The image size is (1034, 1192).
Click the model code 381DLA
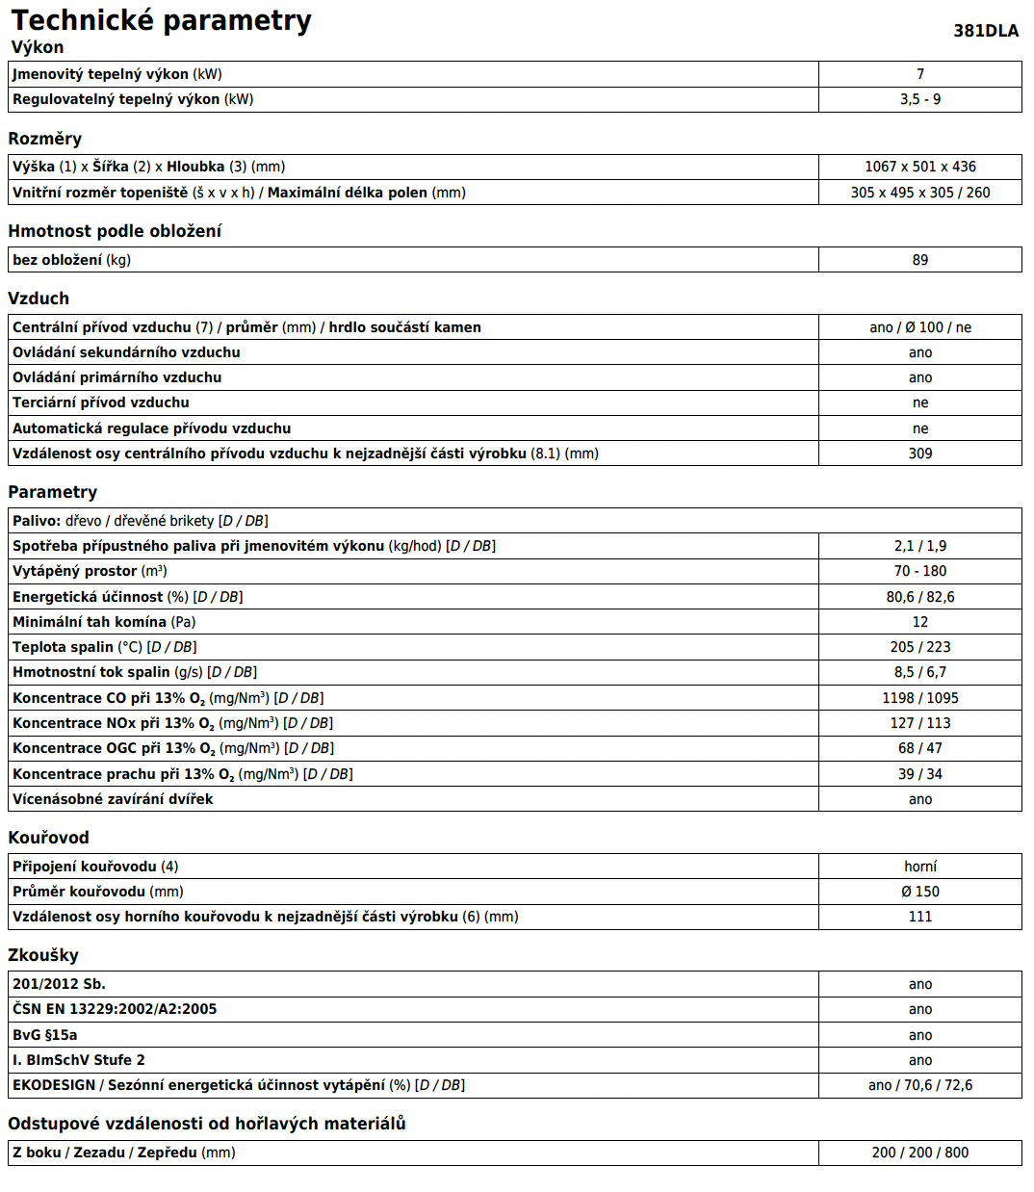985,31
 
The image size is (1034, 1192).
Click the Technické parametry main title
161,20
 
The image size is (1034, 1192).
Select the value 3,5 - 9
919,99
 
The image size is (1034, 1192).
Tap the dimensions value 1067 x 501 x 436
919,167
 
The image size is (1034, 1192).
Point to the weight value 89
919,260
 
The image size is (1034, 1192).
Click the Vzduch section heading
39,298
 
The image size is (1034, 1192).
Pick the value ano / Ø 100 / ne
919,327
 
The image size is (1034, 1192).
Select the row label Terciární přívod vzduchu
101,402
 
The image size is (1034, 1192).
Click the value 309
919,453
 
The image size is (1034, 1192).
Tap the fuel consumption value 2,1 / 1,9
919,546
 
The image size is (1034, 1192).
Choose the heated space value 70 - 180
919,571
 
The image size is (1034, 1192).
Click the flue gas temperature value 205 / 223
919,647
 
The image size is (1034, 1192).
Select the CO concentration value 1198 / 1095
919,698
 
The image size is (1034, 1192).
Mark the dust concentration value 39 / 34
919,774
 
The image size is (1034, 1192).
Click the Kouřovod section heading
48,838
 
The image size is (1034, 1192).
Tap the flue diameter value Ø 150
919,892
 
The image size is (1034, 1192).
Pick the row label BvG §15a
45,1035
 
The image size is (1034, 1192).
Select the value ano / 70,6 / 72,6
919,1085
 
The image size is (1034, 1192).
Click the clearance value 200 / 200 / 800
919,1153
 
